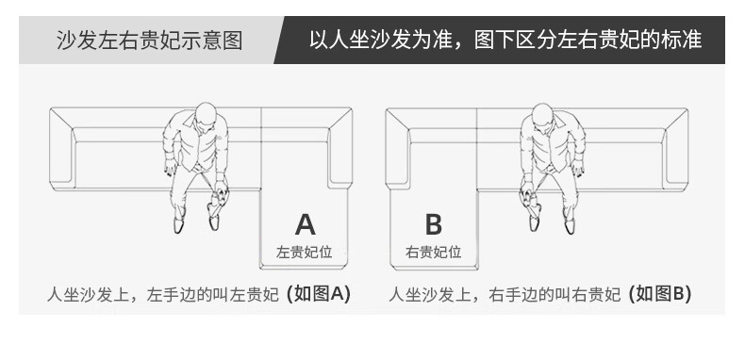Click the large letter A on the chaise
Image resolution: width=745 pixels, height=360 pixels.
305,224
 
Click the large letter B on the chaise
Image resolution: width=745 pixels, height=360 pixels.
433,224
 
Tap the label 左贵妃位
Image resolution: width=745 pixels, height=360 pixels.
304,252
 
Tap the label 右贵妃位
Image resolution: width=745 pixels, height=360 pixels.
433,252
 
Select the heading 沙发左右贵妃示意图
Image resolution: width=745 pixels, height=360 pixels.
150,41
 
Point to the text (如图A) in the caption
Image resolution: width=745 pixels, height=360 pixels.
319,294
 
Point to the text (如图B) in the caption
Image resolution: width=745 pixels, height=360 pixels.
659,294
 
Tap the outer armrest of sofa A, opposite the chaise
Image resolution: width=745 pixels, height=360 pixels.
61,148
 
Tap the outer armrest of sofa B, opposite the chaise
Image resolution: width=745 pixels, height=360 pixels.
675,148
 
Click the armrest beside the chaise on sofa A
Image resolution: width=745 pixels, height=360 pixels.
339,148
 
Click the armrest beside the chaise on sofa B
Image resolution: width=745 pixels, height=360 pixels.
398,148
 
